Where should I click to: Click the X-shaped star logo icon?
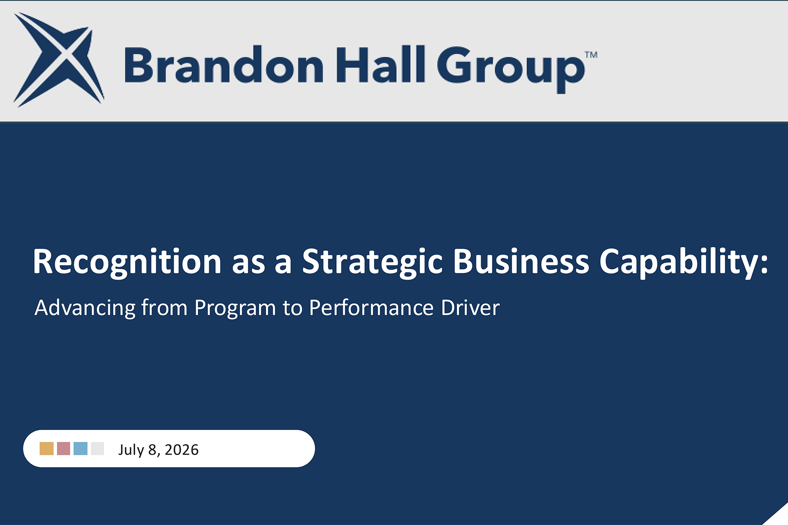[x=59, y=60]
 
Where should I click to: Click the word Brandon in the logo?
[x=224, y=65]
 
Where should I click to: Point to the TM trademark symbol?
[x=591, y=55]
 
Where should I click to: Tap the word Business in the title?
[x=521, y=262]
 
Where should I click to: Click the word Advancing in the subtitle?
[x=85, y=308]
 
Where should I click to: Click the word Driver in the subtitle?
[x=470, y=308]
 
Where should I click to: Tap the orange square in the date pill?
[x=46, y=448]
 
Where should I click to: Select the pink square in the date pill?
[x=63, y=448]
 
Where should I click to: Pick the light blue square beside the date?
[x=81, y=448]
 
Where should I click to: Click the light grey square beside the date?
[x=98, y=448]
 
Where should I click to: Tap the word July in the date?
[x=131, y=450]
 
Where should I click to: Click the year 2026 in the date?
[x=182, y=450]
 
